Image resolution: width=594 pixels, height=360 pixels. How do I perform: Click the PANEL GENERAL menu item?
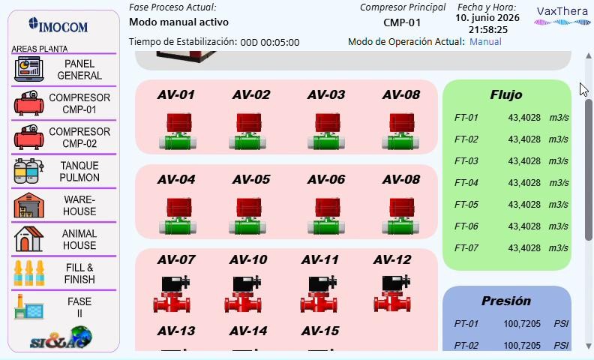(64, 69)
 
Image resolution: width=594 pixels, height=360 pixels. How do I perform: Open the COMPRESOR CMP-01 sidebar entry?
(64, 103)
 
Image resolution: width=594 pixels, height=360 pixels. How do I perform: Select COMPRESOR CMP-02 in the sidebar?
(64, 137)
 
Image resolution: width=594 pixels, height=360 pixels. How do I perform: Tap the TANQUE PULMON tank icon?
(28, 171)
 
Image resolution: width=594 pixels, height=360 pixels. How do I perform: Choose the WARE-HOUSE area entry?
(64, 205)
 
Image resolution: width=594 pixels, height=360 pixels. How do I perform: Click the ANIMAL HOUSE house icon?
(28, 239)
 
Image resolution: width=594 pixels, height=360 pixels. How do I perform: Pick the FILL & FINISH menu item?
(64, 273)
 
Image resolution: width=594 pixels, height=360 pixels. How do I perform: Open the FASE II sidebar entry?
(64, 307)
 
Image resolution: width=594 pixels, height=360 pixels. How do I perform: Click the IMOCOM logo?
(58, 25)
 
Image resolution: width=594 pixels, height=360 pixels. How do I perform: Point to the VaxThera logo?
(562, 16)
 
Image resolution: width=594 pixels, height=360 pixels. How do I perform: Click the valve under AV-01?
(178, 131)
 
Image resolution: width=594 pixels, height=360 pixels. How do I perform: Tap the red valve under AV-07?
(172, 294)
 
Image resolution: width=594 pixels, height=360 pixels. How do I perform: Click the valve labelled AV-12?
(392, 293)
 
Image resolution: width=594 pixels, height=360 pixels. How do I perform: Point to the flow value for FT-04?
(524, 183)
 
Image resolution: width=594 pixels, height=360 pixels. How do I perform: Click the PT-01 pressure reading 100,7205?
(522, 323)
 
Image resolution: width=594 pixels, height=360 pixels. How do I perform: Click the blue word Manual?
(485, 41)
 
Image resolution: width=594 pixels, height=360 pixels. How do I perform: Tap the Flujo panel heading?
(506, 94)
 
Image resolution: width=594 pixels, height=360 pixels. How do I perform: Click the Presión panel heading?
(506, 301)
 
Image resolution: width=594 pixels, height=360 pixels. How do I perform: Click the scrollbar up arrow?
(588, 56)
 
